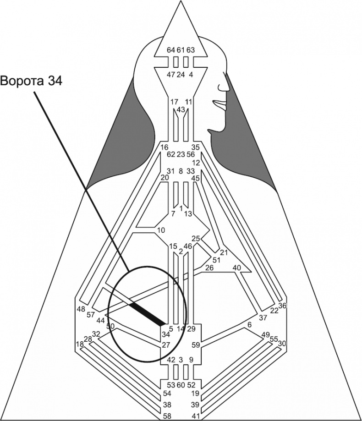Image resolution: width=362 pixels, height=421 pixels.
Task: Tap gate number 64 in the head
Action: pyautogui.click(x=171, y=50)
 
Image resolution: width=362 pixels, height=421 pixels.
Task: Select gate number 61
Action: pyautogui.click(x=181, y=50)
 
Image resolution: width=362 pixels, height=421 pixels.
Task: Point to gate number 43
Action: pyautogui.click(x=181, y=110)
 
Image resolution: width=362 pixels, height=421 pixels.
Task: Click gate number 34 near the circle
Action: pyautogui.click(x=165, y=334)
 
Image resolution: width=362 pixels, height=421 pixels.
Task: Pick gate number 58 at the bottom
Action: pyautogui.click(x=168, y=416)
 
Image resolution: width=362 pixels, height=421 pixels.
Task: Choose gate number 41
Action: pyautogui.click(x=196, y=416)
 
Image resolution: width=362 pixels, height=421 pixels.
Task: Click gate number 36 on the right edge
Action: pyautogui.click(x=282, y=306)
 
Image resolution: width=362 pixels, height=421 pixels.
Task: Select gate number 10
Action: pyautogui.click(x=160, y=230)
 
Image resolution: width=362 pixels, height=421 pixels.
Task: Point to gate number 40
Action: pyautogui.click(x=237, y=268)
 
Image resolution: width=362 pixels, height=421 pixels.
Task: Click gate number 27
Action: pyautogui.click(x=165, y=344)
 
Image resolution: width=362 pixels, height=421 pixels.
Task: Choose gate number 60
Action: pyautogui.click(x=181, y=384)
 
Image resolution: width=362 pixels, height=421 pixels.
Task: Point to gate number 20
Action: pyautogui.click(x=165, y=177)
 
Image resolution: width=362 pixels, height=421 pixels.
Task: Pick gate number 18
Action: pyautogui.click(x=80, y=344)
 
